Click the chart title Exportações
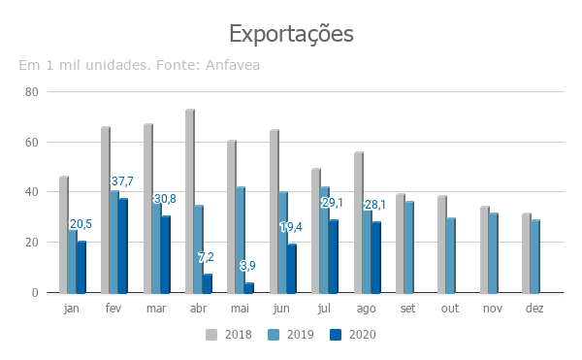click(291, 34)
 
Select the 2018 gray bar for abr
click(190, 201)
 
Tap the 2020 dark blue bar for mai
click(249, 288)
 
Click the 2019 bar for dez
click(535, 256)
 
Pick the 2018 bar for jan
click(64, 235)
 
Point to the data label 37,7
click(122, 181)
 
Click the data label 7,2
click(206, 257)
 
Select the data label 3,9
click(247, 265)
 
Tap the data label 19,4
click(291, 227)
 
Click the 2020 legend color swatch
click(336, 335)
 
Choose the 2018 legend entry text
click(239, 335)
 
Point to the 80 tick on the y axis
click(32, 92)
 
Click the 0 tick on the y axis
click(35, 293)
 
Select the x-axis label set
click(407, 309)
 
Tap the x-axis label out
click(450, 309)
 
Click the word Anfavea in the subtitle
click(233, 65)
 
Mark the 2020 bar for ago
click(376, 257)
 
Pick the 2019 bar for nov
click(494, 253)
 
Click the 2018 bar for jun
click(275, 212)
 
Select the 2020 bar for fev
click(123, 245)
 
